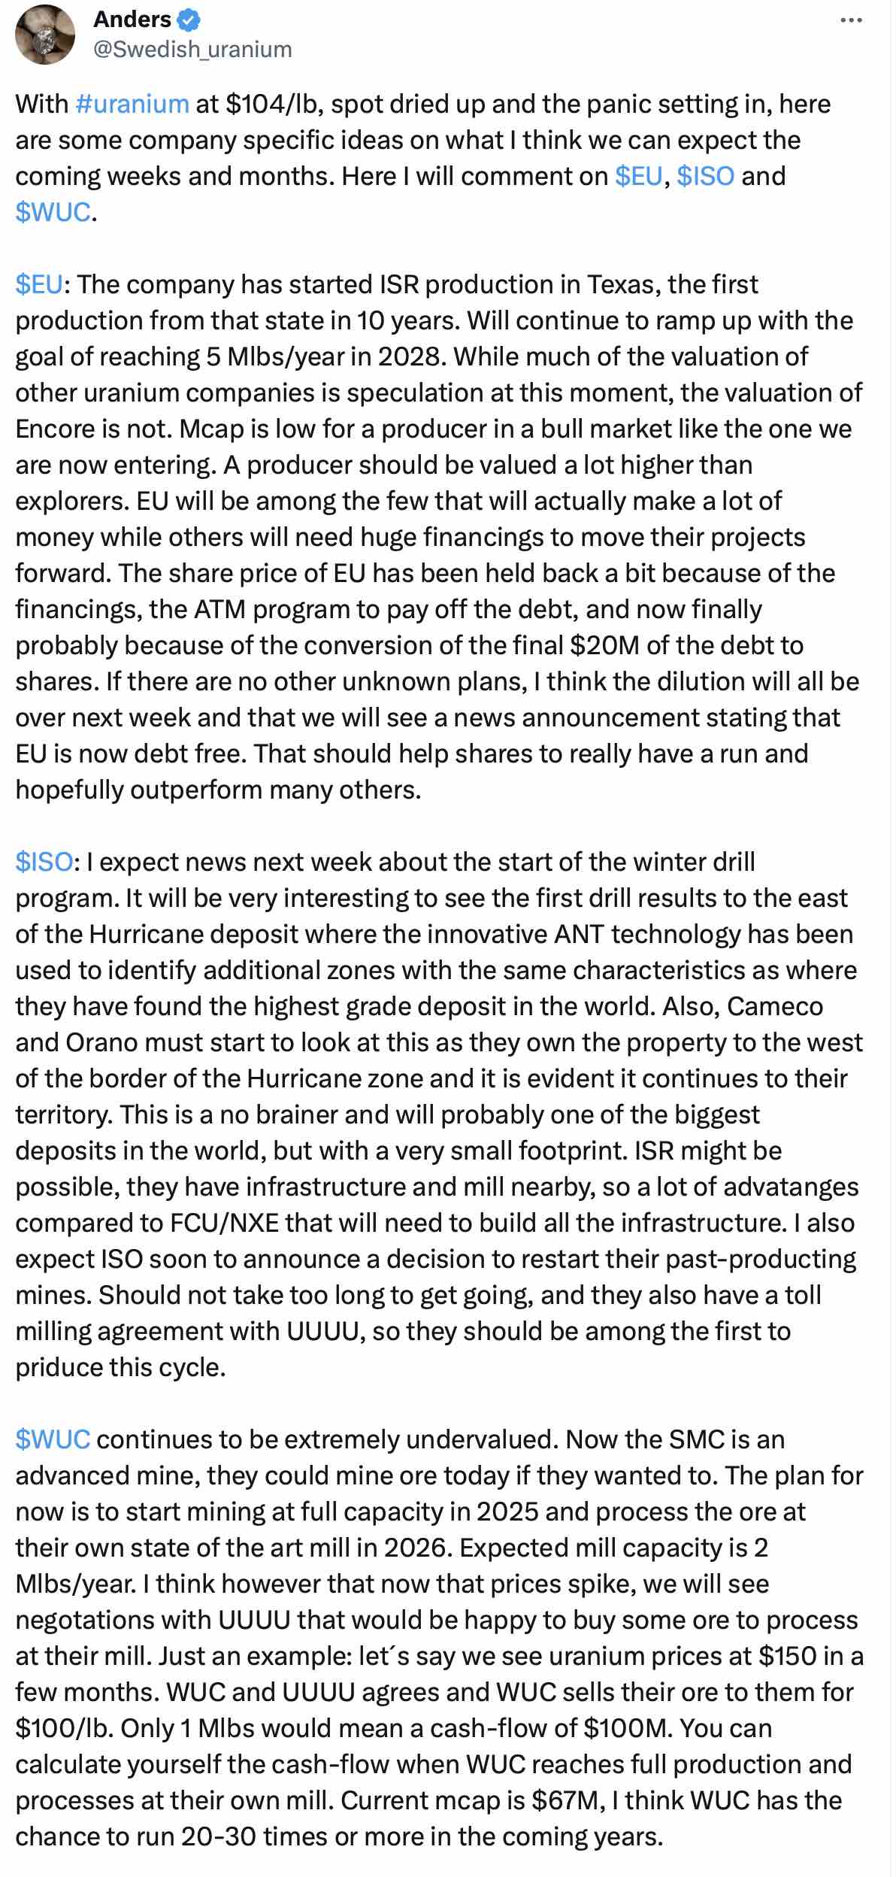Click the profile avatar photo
pyautogui.click(x=46, y=35)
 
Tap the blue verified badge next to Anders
pyautogui.click(x=188, y=19)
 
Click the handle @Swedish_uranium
pyautogui.click(x=192, y=49)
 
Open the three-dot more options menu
pyautogui.click(x=851, y=20)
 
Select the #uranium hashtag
pyautogui.click(x=132, y=104)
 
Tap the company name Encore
pyautogui.click(x=55, y=429)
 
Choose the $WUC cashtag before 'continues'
pyautogui.click(x=53, y=1439)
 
